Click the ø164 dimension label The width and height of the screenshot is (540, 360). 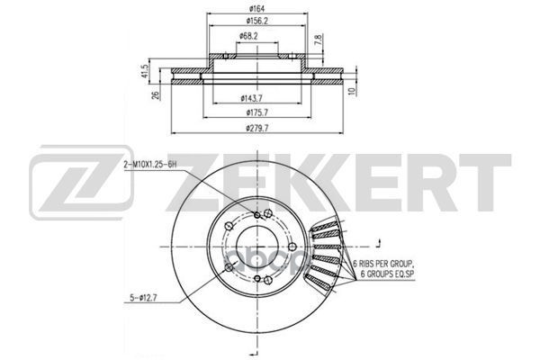[x=257, y=9]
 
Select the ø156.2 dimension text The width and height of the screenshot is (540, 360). [x=257, y=21]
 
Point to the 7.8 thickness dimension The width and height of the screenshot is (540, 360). [x=319, y=40]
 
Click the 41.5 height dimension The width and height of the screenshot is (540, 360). [x=144, y=71]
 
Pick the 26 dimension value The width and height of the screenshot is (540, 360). [x=156, y=95]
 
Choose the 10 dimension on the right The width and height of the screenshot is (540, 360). [x=351, y=91]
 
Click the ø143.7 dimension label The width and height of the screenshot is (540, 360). [x=252, y=98]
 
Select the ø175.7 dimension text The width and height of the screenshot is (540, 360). [x=257, y=112]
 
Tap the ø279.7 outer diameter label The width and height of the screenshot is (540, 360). [x=257, y=128]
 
